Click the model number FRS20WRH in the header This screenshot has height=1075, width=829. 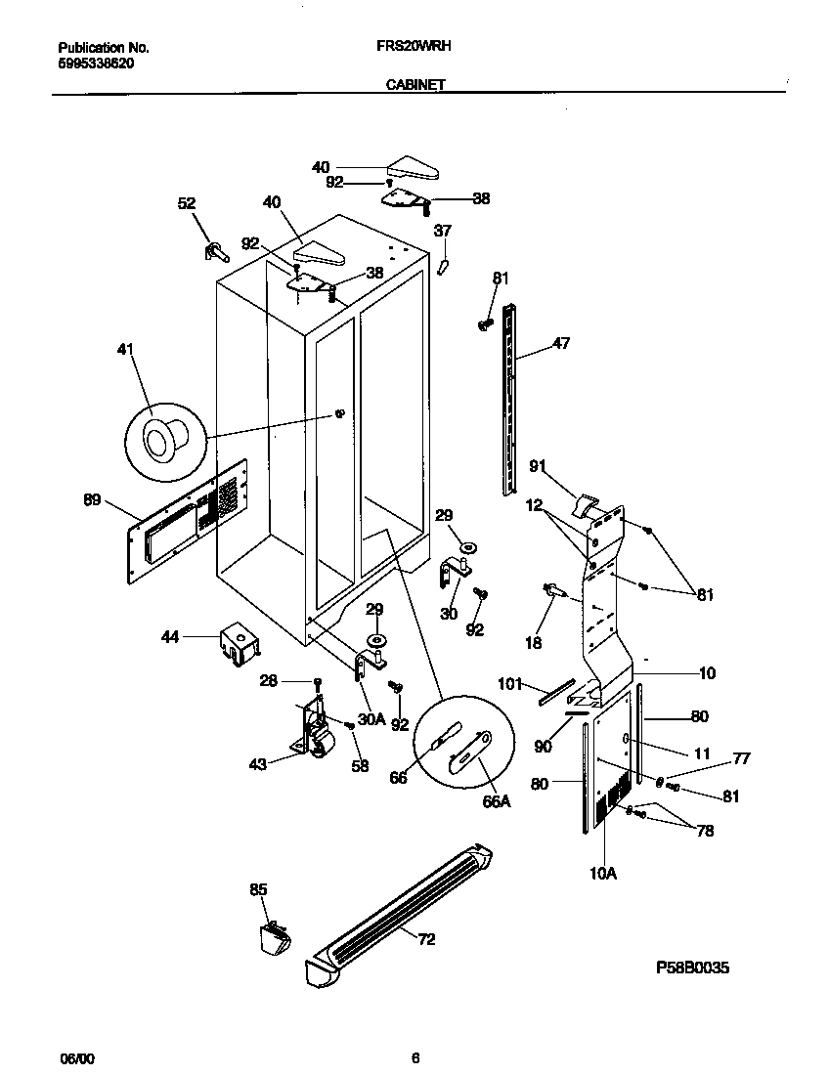tap(414, 46)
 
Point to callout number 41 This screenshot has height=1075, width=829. tap(126, 349)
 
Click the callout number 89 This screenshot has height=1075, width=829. tap(92, 500)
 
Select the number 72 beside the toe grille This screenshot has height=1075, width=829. tap(426, 940)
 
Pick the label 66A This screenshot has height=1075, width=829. tap(497, 801)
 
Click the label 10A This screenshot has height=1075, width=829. tap(603, 874)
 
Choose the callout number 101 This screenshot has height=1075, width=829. tap(511, 683)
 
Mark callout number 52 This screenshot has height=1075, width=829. tap(187, 203)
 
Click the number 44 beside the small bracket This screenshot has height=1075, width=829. tap(171, 637)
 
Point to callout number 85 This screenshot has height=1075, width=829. tap(258, 889)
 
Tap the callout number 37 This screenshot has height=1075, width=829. tap(443, 231)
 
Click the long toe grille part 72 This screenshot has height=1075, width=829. tap(401, 904)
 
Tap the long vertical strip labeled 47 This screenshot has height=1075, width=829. tap(508, 401)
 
